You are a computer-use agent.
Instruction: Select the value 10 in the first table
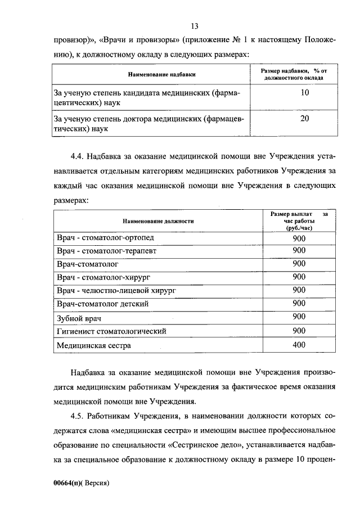pyautogui.click(x=304, y=93)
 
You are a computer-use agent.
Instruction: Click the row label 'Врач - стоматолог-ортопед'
pyautogui.click(x=105, y=238)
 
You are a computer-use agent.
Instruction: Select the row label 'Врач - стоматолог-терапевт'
pyautogui.click(x=107, y=251)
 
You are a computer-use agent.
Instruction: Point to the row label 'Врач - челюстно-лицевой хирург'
pyautogui.click(x=116, y=290)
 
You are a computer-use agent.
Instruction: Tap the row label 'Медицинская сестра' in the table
pyautogui.click(x=94, y=345)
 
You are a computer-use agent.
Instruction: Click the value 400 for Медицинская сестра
pyautogui.click(x=299, y=345)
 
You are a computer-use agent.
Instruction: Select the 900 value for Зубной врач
pyautogui.click(x=299, y=317)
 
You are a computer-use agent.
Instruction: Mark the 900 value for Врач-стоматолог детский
pyautogui.click(x=299, y=303)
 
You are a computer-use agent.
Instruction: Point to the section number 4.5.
pyautogui.click(x=80, y=416)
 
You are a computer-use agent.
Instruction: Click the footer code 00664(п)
pyautogui.click(x=68, y=483)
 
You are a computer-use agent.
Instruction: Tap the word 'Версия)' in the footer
pyautogui.click(x=96, y=483)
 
